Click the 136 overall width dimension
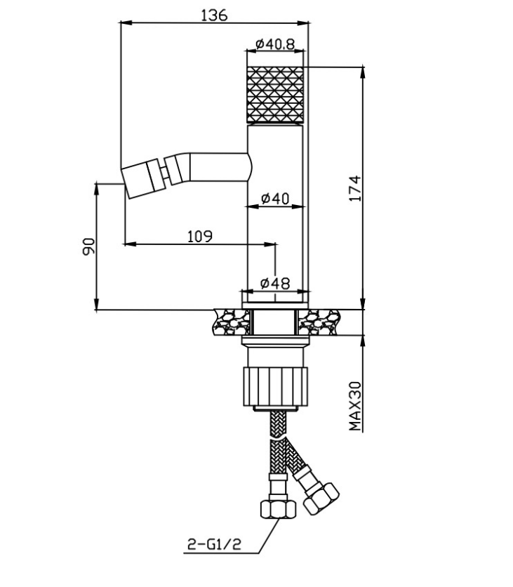click(214, 15)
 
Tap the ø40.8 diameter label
click(275, 44)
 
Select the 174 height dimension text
click(355, 188)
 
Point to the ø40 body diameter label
click(275, 199)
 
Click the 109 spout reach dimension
click(200, 236)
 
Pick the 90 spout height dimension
click(88, 246)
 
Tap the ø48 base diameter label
click(275, 284)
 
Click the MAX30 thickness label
click(355, 406)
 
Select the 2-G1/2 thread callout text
click(214, 544)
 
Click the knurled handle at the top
click(275, 95)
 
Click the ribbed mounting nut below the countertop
click(275, 387)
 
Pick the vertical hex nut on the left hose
click(278, 508)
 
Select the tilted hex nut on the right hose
click(321, 499)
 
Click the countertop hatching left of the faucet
click(232, 322)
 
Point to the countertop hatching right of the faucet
click(319, 322)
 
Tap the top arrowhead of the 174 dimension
click(362, 72)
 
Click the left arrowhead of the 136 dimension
click(126, 23)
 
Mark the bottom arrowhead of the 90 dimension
click(97, 304)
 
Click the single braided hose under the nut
click(278, 424)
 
